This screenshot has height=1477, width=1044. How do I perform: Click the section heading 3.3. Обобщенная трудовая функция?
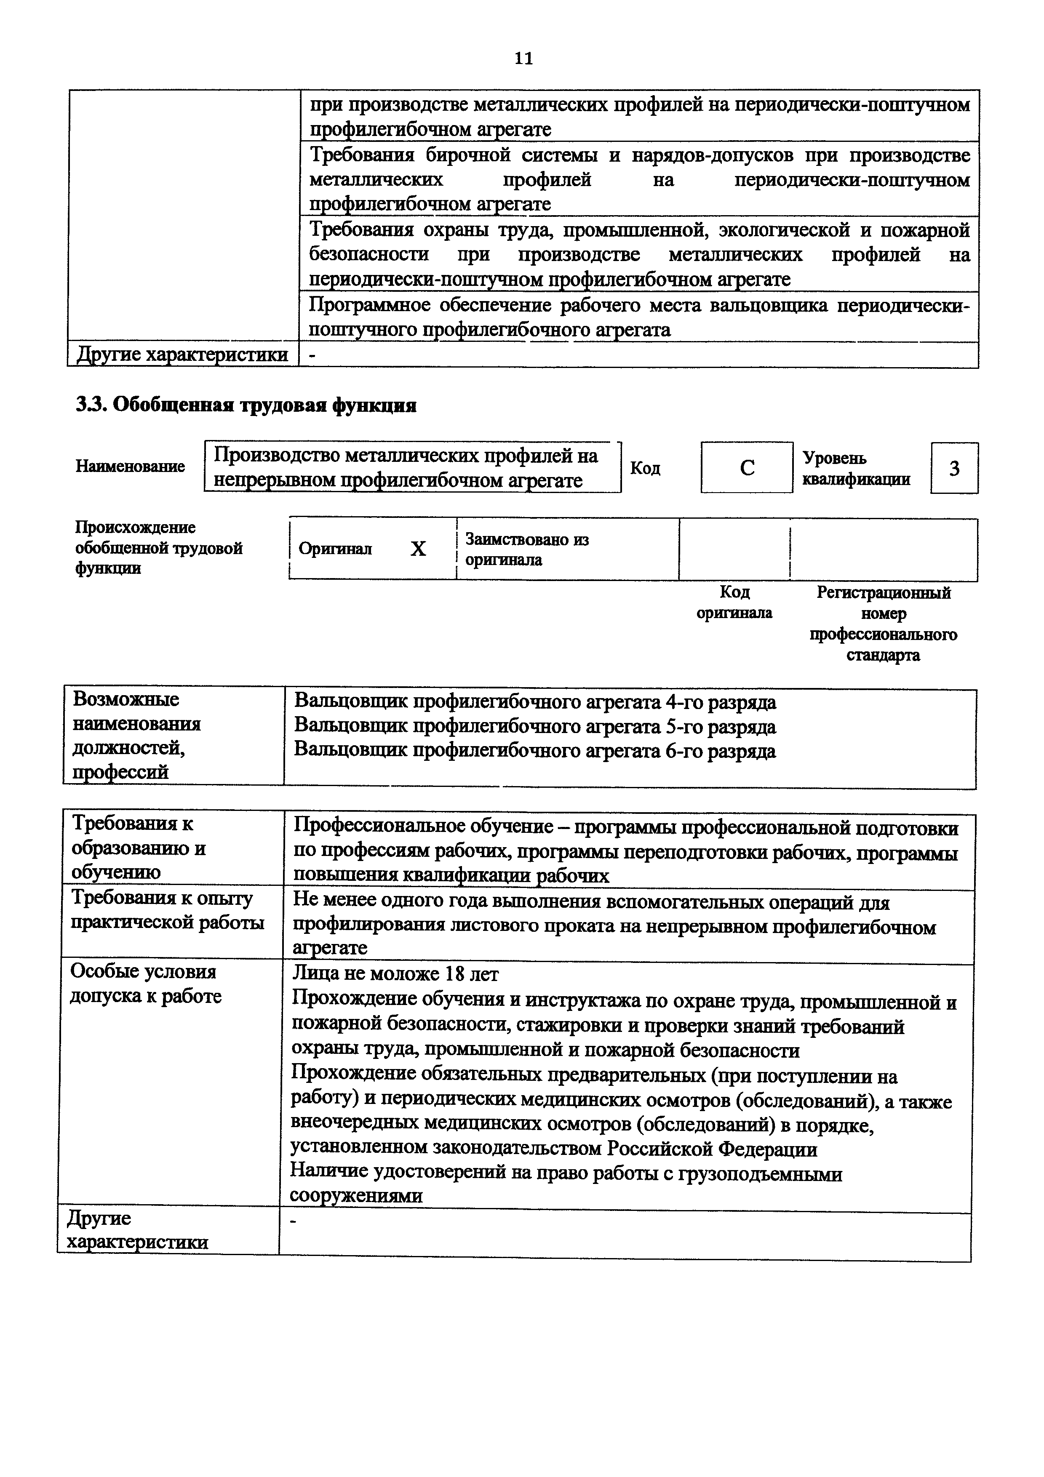[x=246, y=405]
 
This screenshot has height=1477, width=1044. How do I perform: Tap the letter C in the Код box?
[x=747, y=468]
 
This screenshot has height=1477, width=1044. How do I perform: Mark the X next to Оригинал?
[x=418, y=549]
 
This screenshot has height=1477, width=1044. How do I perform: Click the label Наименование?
[x=130, y=466]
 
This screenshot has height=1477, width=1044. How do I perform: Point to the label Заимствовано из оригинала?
[x=526, y=549]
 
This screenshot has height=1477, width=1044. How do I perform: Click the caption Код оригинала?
[x=734, y=602]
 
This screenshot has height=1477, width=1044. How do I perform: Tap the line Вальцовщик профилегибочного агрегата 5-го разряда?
[x=534, y=726]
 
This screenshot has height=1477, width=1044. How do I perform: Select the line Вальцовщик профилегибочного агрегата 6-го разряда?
[x=534, y=751]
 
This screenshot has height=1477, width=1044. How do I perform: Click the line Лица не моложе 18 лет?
[x=395, y=974]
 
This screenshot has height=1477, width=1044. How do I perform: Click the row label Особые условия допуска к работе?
[x=145, y=984]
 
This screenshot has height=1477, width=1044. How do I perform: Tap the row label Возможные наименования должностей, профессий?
[x=136, y=735]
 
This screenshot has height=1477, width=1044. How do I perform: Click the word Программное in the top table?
[x=365, y=304]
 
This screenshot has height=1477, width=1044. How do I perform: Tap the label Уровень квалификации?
[x=855, y=468]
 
